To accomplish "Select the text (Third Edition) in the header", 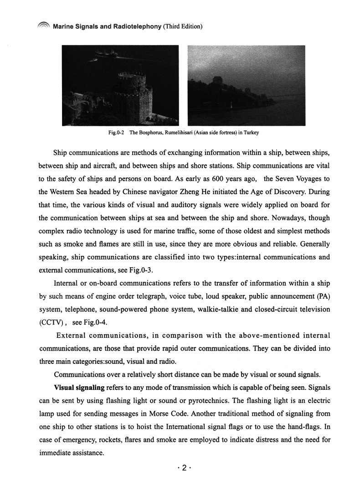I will coord(183,27).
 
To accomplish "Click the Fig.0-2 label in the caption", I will coord(117,133).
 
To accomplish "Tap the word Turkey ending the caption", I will coord(252,133).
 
